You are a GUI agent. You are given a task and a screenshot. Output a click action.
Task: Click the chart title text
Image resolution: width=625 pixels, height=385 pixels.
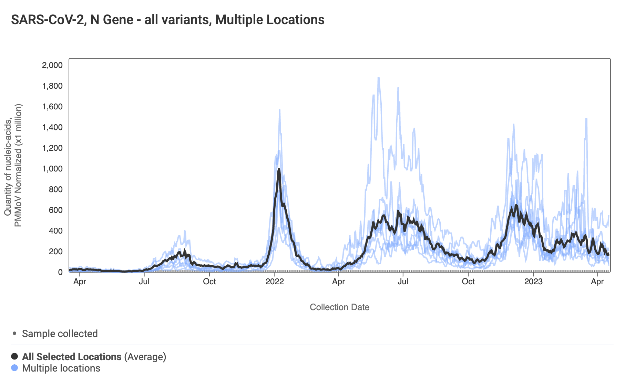coord(167,20)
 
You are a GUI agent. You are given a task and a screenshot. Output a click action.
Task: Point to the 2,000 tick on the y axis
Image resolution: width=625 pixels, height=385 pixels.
coord(52,65)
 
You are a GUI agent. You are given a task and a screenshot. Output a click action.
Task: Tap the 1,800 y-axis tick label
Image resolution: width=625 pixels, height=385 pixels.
coord(52,86)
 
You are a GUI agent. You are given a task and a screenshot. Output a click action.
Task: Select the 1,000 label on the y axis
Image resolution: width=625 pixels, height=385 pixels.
coord(52,169)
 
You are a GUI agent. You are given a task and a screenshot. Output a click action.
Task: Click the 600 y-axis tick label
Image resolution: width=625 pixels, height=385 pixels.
coord(56,210)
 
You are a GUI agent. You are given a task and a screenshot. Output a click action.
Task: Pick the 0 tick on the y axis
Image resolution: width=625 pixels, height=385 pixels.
coord(60,272)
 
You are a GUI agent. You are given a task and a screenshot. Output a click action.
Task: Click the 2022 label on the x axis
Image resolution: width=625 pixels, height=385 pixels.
coord(275,282)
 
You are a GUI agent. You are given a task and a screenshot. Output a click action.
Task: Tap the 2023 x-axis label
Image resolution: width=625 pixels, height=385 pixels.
coord(533,282)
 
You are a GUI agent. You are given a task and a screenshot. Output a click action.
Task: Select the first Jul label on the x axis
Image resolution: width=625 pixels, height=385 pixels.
coord(144,282)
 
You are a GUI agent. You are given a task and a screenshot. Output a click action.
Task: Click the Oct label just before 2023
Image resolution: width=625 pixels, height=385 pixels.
coord(468,282)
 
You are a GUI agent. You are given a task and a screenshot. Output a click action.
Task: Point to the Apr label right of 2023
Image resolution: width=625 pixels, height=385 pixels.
coord(597,282)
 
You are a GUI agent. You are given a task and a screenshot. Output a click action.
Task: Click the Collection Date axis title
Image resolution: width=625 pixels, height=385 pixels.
coord(339,307)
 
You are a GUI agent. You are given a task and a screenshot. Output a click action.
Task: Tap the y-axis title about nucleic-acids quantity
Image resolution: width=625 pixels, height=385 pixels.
coord(13,166)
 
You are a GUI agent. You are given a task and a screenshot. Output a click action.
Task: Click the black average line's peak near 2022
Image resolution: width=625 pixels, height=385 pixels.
coord(279,169)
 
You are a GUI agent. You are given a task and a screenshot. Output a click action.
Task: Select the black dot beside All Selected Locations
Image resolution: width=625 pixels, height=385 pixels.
coord(14,356)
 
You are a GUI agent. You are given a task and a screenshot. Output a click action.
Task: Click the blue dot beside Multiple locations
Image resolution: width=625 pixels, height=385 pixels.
coord(14,368)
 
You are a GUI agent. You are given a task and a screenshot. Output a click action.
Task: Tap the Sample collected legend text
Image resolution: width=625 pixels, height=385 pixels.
coord(60,334)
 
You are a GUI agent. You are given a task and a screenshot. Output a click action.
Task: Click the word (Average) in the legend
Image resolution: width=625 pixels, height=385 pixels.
coord(145,356)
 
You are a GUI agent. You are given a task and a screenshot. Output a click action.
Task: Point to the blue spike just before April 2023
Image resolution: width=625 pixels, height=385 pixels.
coord(586,119)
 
